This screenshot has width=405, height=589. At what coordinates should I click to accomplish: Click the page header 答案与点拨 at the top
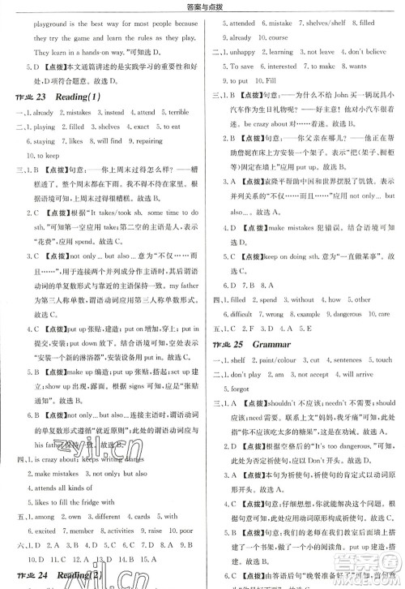[202, 7]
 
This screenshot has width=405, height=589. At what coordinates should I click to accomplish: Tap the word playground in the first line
[56, 26]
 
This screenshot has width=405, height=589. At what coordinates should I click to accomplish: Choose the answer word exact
[139, 127]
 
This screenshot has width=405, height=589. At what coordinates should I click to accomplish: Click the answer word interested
[279, 67]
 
